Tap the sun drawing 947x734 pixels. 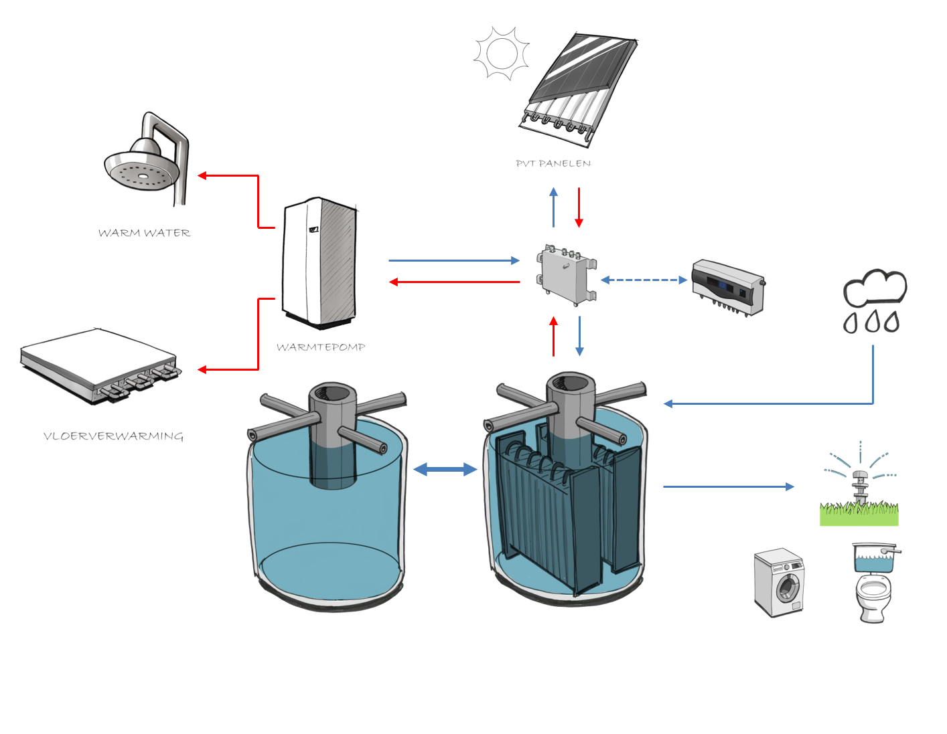click(x=502, y=53)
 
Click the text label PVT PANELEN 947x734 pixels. click(x=553, y=163)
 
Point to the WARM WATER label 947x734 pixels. click(x=144, y=233)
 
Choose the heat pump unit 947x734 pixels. click(x=319, y=262)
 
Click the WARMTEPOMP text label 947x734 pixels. click(x=321, y=347)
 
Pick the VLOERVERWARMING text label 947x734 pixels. click(x=113, y=436)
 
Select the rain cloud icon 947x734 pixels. click(x=874, y=300)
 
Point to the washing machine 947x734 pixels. click(x=779, y=583)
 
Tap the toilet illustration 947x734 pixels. click(x=873, y=583)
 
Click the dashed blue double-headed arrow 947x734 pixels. click(x=644, y=280)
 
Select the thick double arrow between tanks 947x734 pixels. click(x=445, y=469)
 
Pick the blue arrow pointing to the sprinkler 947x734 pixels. click(x=728, y=486)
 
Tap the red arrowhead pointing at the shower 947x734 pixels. click(x=202, y=176)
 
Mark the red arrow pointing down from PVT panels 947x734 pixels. click(x=579, y=207)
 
